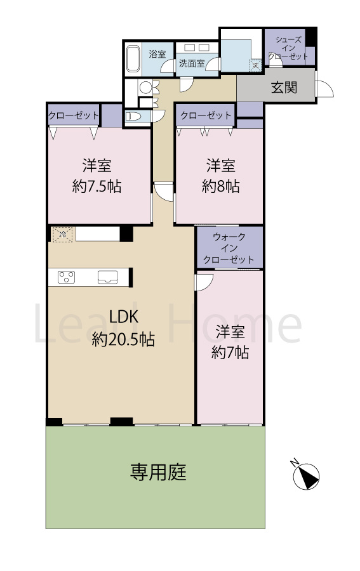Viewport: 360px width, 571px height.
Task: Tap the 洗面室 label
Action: point(190,63)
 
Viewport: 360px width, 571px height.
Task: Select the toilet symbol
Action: point(135,116)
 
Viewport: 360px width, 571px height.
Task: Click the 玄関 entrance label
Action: point(284,88)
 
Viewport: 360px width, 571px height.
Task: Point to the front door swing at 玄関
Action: point(324,89)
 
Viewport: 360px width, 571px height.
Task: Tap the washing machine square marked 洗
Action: point(255,65)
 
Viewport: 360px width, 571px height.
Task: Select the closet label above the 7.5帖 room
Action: point(74,115)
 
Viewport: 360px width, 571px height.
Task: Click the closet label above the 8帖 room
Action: point(206,115)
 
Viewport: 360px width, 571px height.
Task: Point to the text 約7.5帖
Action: point(97,187)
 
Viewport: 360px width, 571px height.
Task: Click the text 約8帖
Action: point(220,187)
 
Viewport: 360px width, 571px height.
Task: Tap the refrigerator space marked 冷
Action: point(63,234)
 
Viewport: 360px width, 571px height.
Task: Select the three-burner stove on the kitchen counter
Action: point(67,277)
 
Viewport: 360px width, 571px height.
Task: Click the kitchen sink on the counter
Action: point(107,277)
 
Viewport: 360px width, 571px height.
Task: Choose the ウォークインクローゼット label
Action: point(229,248)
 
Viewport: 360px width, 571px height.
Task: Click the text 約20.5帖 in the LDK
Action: point(123,339)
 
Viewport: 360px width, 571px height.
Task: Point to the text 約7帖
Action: point(229,353)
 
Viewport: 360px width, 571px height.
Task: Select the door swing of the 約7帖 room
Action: point(203,282)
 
